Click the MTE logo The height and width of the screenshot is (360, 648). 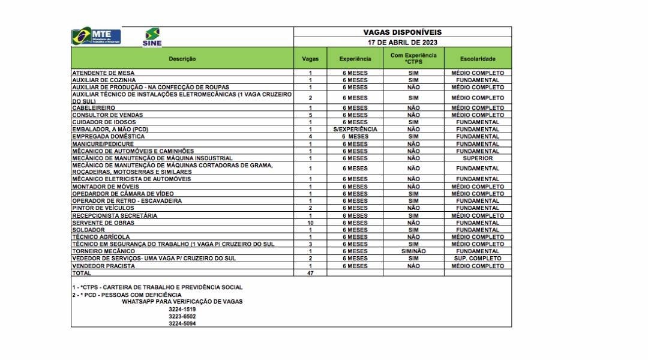point(96,37)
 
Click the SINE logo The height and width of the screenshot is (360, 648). point(152,37)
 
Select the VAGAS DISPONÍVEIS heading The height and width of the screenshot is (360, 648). point(402,32)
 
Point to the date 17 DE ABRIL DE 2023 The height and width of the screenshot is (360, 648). point(402,43)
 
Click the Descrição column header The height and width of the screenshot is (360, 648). point(182,59)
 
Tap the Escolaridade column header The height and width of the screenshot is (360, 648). point(478,59)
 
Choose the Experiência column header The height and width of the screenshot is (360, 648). point(355,59)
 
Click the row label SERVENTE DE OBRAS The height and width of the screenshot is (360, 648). point(103,223)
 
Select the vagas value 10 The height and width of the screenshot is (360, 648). point(310,223)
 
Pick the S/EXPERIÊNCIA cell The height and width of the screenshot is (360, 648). point(355,129)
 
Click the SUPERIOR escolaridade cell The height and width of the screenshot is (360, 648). point(478,158)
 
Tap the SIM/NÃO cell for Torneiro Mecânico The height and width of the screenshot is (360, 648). point(413,251)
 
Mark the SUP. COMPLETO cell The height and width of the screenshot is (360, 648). point(478,259)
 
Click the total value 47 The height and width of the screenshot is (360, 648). point(310,273)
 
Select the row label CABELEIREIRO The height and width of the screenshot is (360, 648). point(94,108)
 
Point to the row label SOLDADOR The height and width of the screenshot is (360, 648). point(89,230)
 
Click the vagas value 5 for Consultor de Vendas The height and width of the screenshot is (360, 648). point(310,115)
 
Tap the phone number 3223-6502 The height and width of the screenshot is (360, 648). point(182,316)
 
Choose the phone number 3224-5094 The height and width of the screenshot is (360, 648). point(182,323)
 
